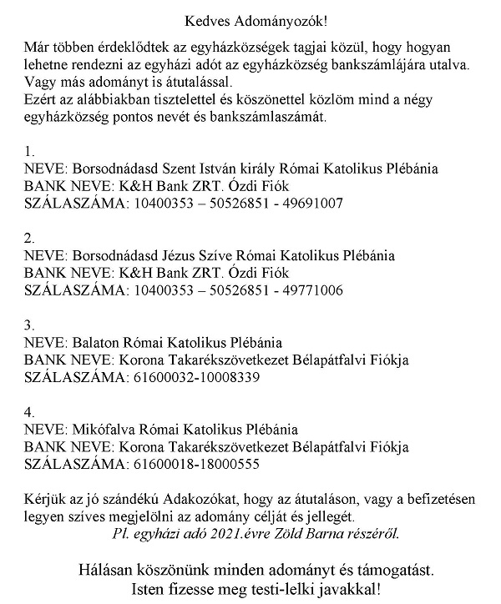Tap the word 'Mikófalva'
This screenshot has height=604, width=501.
click(105, 429)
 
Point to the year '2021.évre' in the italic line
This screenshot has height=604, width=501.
click(230, 532)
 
